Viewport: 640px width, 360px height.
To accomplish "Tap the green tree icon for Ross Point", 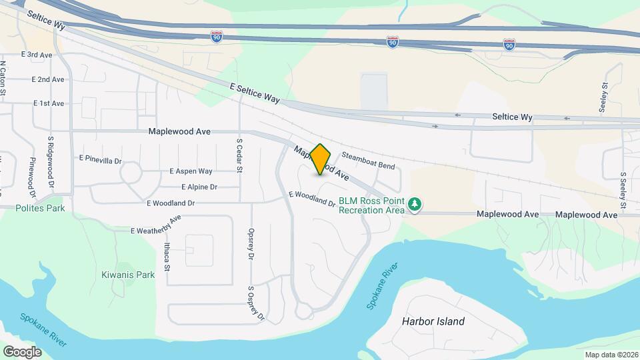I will pyautogui.click(x=415, y=203).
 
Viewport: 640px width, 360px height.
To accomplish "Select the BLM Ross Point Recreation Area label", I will pyautogui.click(x=371, y=205).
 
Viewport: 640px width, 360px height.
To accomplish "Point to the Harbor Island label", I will pyautogui.click(x=433, y=321).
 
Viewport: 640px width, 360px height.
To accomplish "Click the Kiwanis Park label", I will pyautogui.click(x=128, y=275).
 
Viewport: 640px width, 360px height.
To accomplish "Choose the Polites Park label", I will pyautogui.click(x=41, y=208).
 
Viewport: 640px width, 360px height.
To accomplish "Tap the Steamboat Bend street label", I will pyautogui.click(x=368, y=160).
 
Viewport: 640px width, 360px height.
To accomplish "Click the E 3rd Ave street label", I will pyautogui.click(x=37, y=55).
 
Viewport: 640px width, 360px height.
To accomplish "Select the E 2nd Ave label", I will pyautogui.click(x=49, y=79).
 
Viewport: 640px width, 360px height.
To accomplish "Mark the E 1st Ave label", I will pyautogui.click(x=49, y=103).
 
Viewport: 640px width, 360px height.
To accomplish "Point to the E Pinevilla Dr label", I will pyautogui.click(x=101, y=159).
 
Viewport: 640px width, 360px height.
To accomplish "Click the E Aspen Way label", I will pyautogui.click(x=191, y=171).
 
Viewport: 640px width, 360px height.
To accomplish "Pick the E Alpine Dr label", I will pyautogui.click(x=199, y=187).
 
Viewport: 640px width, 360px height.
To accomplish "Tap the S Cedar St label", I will pyautogui.click(x=239, y=153).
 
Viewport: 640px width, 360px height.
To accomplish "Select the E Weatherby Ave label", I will pyautogui.click(x=156, y=225).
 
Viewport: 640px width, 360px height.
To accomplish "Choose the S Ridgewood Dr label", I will pyautogui.click(x=50, y=155).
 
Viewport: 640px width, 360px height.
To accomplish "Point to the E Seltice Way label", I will pyautogui.click(x=254, y=93).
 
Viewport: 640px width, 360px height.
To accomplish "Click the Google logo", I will pyautogui.click(x=22, y=351).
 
